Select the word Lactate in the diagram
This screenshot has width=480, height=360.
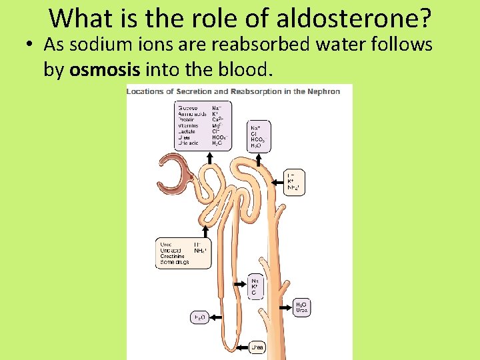pos(187,131)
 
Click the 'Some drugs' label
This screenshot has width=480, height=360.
pos(175,262)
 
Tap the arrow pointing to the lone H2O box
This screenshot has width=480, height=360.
pos(213,316)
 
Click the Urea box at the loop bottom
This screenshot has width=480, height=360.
pos(257,347)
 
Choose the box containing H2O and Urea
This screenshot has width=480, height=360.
pos(302,307)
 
